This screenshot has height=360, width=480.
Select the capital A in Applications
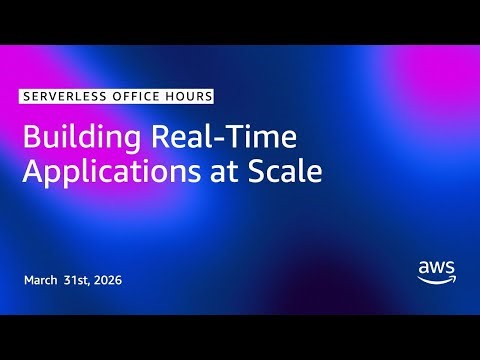tap(32, 171)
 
